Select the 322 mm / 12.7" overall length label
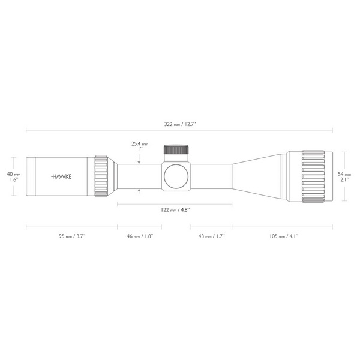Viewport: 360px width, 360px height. [x=180, y=124]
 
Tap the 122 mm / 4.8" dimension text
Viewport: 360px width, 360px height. [x=175, y=210]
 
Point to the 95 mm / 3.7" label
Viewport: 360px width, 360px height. [x=72, y=236]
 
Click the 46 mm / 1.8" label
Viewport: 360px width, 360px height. [x=140, y=236]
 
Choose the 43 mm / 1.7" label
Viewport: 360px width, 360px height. [x=211, y=236]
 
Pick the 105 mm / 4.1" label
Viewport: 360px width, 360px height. [x=284, y=236]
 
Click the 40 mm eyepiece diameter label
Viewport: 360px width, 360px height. [x=14, y=174]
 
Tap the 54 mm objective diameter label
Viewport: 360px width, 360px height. [x=344, y=174]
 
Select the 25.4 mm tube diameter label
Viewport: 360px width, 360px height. [x=140, y=144]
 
